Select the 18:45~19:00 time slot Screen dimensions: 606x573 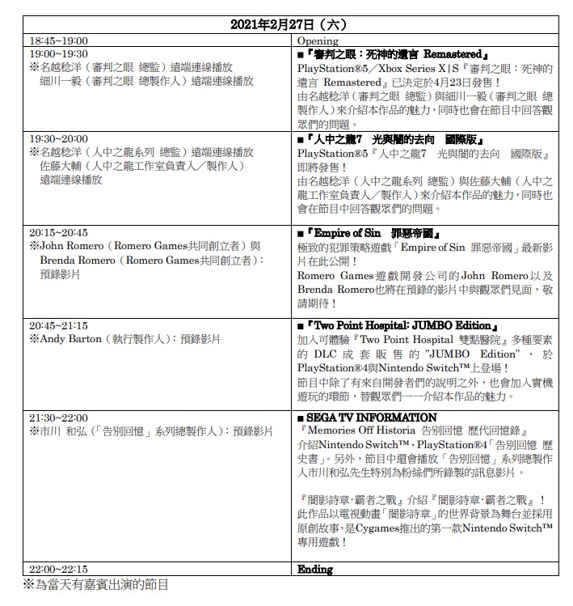point(58,40)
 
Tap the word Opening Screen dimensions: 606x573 point(318,40)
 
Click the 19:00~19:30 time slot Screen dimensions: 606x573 point(58,53)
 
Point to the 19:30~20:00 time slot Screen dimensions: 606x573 point(58,139)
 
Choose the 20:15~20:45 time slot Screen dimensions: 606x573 point(58,232)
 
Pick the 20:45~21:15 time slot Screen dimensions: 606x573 point(58,325)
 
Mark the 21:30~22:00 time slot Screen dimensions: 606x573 point(58,418)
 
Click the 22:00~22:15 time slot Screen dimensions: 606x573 point(58,570)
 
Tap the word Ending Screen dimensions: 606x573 point(315,570)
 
